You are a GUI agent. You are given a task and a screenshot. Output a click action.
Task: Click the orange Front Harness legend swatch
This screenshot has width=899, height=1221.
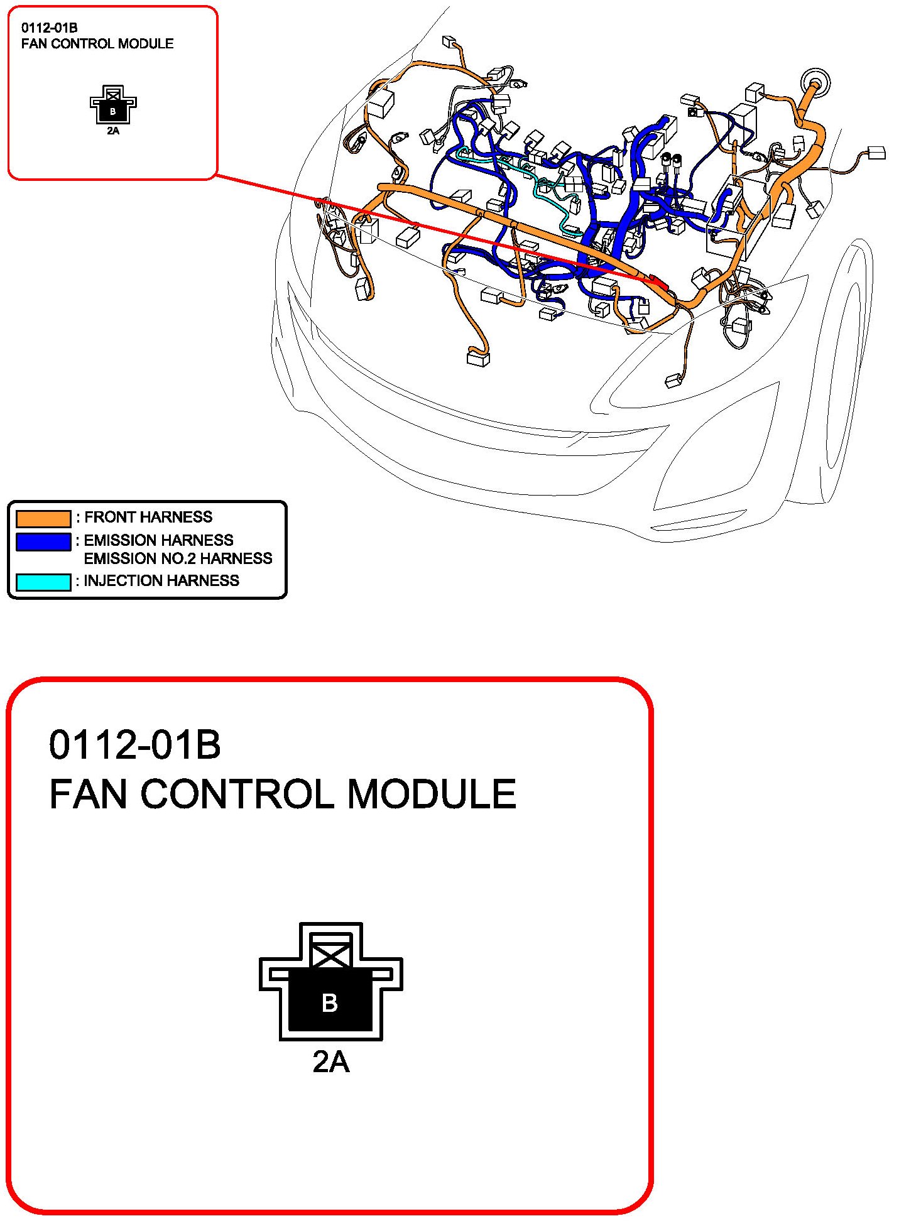pos(43,519)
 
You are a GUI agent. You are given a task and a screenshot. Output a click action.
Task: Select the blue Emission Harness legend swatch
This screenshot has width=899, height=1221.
pos(43,542)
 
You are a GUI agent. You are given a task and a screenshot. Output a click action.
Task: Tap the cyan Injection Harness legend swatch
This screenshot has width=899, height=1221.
pos(43,582)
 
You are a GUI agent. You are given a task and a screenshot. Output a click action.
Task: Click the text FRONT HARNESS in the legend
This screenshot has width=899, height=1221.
pos(148,517)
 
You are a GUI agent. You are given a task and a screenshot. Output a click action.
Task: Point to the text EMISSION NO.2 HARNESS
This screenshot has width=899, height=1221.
pos(178,558)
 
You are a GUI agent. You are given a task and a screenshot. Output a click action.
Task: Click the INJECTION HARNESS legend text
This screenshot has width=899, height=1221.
pos(161,580)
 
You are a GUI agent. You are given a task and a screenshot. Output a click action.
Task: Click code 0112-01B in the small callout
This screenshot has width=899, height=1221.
pos(49,28)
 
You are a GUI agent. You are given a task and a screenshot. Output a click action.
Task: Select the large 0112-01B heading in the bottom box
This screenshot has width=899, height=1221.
pos(134,745)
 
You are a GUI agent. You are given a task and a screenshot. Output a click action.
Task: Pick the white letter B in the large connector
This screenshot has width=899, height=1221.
pos(330,1003)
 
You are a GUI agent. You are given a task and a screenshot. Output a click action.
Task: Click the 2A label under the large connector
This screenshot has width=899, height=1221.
pos(331,1061)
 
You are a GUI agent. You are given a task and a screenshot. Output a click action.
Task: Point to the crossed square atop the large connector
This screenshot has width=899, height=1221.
pos(331,950)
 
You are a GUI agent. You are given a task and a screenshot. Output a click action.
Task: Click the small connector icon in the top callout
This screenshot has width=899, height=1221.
pos(113,105)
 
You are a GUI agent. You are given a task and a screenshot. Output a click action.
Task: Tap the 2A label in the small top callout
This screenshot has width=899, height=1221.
pos(113,131)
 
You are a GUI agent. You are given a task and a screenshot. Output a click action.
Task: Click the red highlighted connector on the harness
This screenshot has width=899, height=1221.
pos(656,281)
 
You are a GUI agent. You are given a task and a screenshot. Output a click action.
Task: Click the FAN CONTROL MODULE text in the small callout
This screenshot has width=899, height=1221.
pos(97,44)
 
